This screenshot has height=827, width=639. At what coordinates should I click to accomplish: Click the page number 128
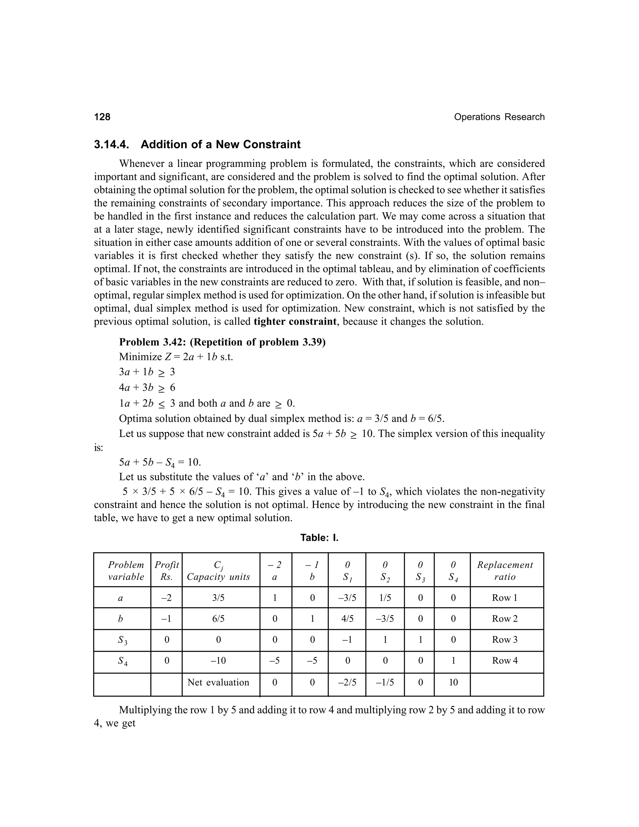coord(102,117)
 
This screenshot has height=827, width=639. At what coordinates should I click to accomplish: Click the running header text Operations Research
coord(499,117)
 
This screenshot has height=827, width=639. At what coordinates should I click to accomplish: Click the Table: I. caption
coord(319,538)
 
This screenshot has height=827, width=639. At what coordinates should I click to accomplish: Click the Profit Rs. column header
coord(166,571)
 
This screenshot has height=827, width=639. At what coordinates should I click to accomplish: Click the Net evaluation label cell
coord(218,682)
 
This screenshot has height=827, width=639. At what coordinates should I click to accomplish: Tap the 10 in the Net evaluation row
coord(453,682)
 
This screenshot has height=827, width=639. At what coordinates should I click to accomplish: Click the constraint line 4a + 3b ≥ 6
coord(147,388)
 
